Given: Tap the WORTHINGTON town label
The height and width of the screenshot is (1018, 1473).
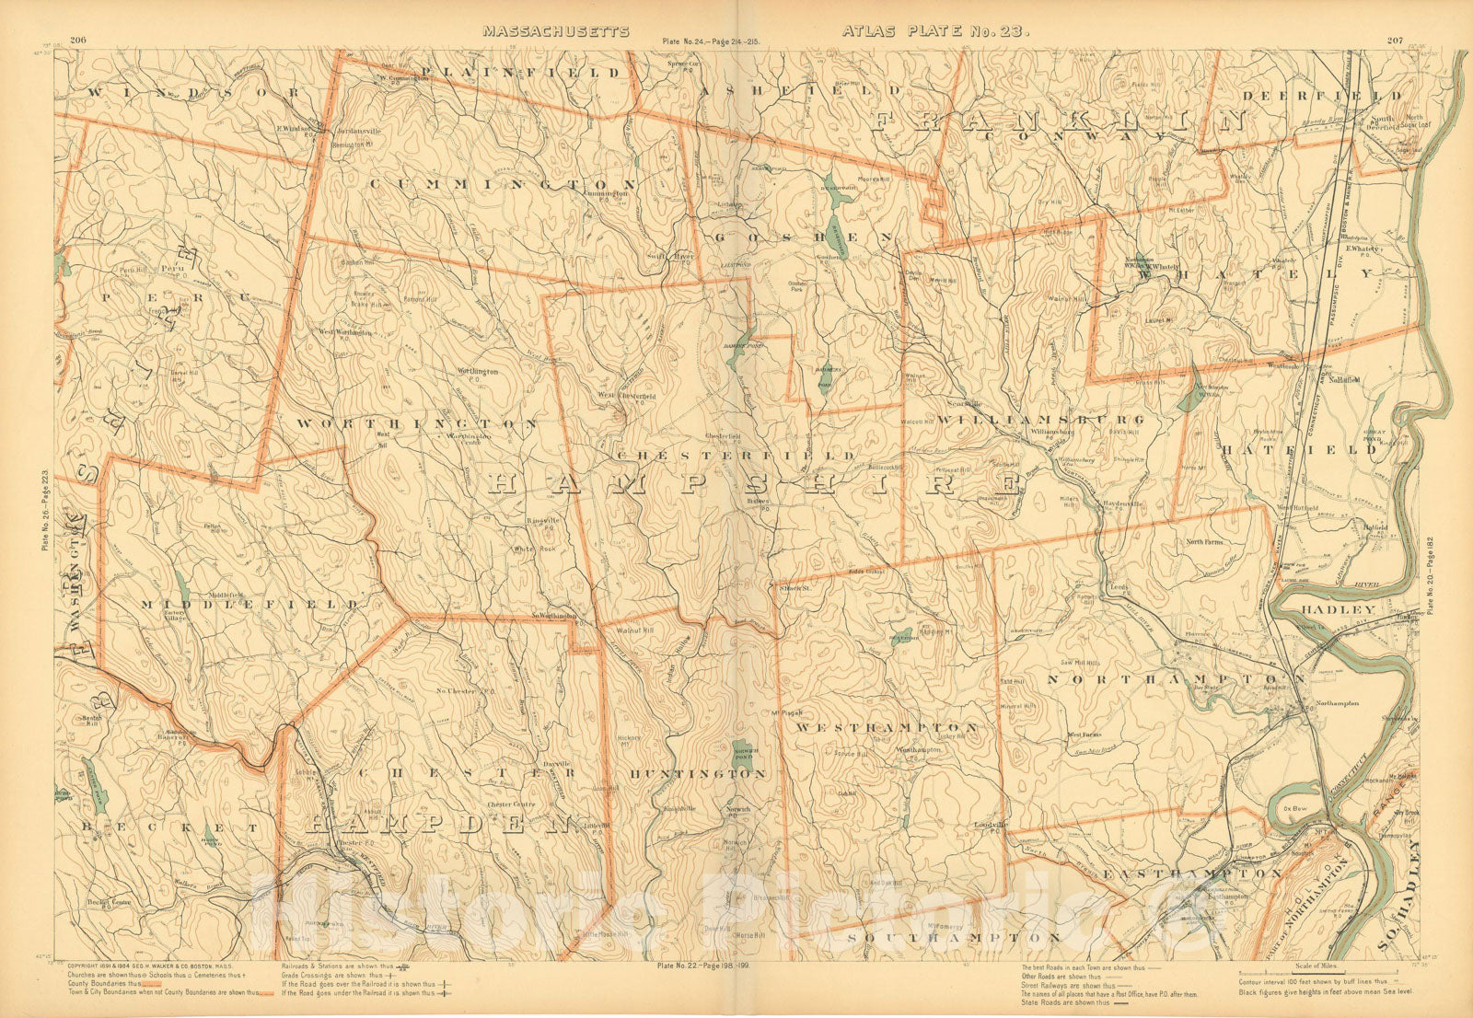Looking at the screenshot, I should [x=417, y=423].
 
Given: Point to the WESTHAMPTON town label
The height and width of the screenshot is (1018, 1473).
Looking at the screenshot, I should [x=887, y=727].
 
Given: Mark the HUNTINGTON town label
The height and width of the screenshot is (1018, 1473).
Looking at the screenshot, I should [x=698, y=774].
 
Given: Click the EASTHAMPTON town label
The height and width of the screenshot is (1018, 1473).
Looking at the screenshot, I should [x=1192, y=872].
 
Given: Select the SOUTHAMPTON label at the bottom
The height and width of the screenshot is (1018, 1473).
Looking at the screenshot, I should [x=954, y=937].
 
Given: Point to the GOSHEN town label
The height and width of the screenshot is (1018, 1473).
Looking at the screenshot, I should [x=804, y=237].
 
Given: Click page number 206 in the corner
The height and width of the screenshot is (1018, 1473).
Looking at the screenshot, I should [x=77, y=39].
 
